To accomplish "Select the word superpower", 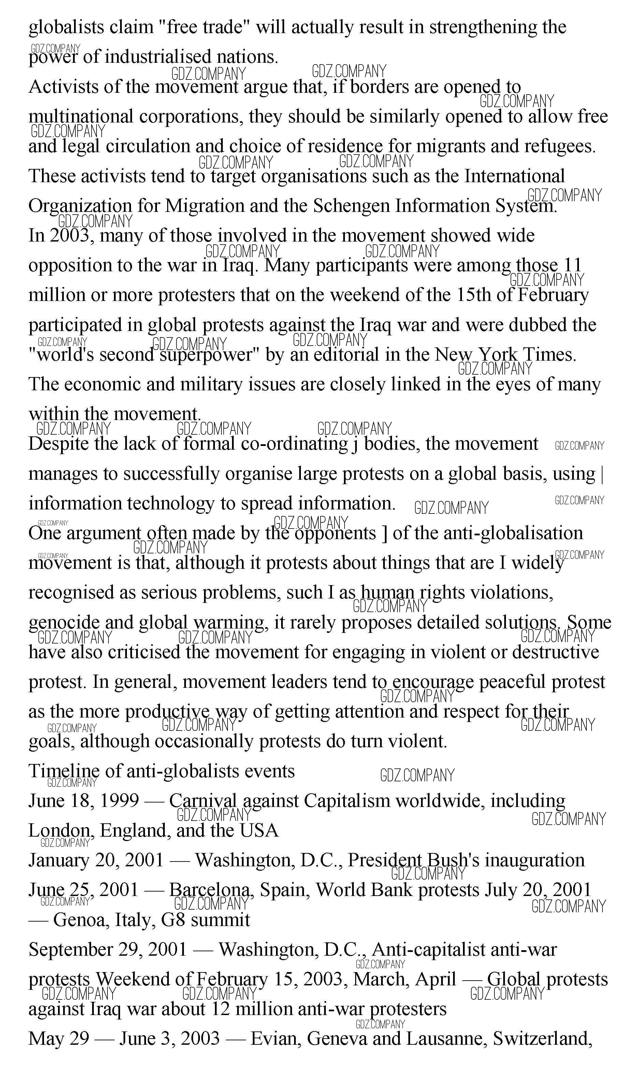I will click(207, 356).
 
